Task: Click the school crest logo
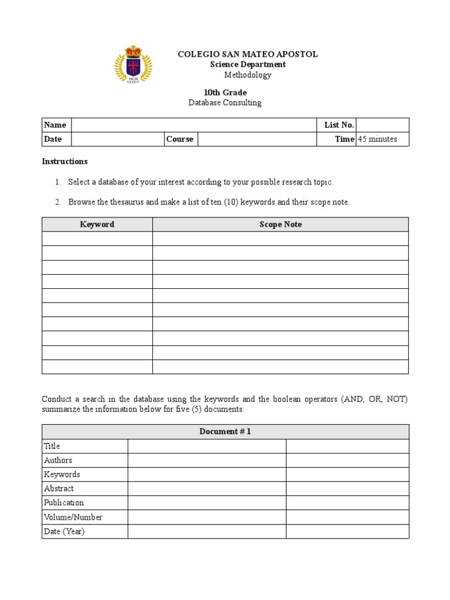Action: pyautogui.click(x=132, y=64)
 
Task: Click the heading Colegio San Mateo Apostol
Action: pyautogui.click(x=248, y=54)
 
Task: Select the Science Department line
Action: pyautogui.click(x=248, y=64)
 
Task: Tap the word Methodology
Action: pyautogui.click(x=248, y=75)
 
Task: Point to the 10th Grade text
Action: pyautogui.click(x=225, y=93)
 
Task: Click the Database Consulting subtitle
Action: pyautogui.click(x=225, y=103)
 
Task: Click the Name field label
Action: pyautogui.click(x=55, y=125)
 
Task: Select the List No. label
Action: pyautogui.click(x=339, y=125)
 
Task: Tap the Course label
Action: pyautogui.click(x=180, y=139)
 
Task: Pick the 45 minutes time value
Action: pyautogui.click(x=377, y=139)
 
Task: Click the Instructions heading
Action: pyautogui.click(x=65, y=161)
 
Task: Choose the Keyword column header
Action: pyautogui.click(x=97, y=224)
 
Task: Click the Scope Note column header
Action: pyautogui.click(x=281, y=224)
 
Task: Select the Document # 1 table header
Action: pyautogui.click(x=225, y=432)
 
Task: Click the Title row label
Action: pyautogui.click(x=52, y=446)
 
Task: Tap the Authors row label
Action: pyautogui.click(x=58, y=460)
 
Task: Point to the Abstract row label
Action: pyautogui.click(x=59, y=488)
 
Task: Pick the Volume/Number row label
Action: pyautogui.click(x=73, y=517)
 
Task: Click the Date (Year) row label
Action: pyautogui.click(x=64, y=531)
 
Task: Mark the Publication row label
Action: pyautogui.click(x=64, y=502)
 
